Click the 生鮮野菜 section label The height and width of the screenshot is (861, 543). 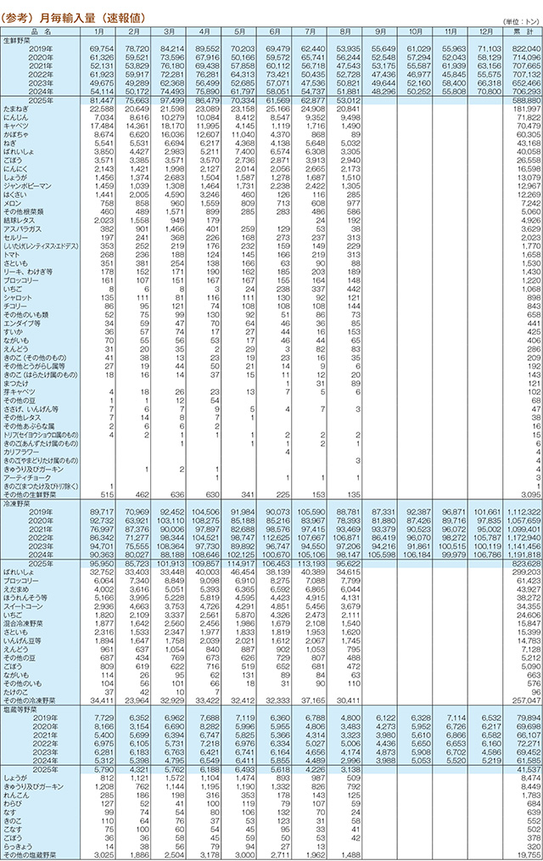pyautogui.click(x=19, y=40)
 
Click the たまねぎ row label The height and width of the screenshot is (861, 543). pyautogui.click(x=18, y=110)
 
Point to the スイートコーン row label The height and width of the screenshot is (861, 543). pyautogui.click(x=25, y=631)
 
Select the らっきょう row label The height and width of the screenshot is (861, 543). pyautogui.click(x=20, y=846)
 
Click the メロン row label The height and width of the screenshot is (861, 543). pyautogui.click(x=14, y=204)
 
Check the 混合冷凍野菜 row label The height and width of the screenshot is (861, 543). pyautogui.click(x=25, y=648)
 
